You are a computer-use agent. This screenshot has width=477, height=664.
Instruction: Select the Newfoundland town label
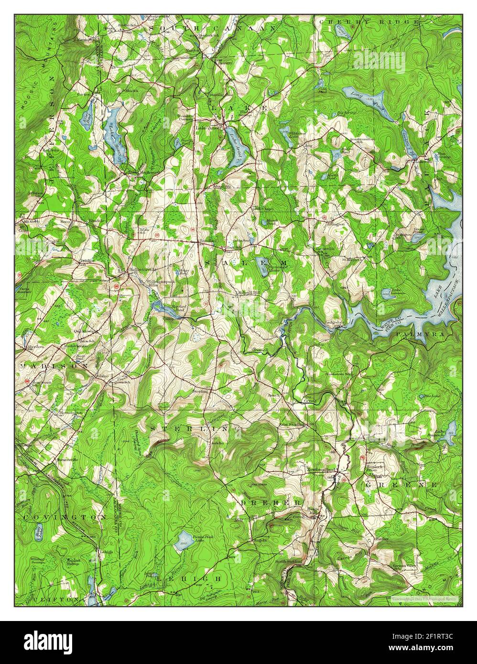point(323,470)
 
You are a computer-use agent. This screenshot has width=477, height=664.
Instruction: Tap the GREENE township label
point(401,484)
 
